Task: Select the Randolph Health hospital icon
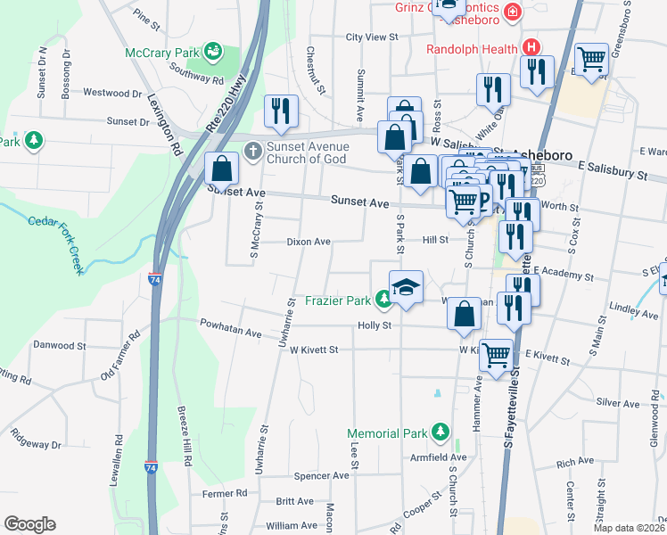coord(531,47)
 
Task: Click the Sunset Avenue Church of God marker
coord(253,151)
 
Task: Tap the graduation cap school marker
coord(406,289)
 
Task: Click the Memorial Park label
coord(386,433)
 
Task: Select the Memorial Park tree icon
coord(439,433)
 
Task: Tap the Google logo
coord(30,523)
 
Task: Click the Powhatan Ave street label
coord(230,333)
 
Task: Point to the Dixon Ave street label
coord(309,241)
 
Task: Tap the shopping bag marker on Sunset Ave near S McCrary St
coord(222,169)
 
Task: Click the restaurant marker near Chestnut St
coord(281,111)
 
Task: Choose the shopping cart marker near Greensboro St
coord(591,60)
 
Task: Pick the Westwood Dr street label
coord(112,93)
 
